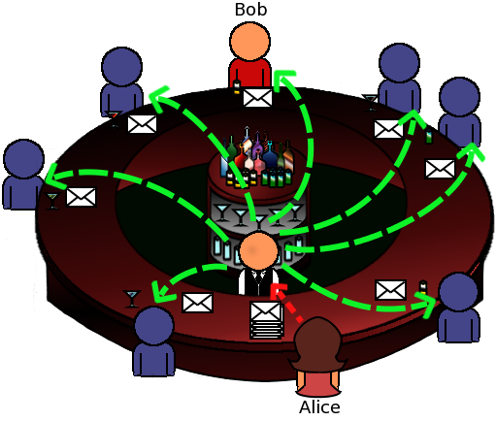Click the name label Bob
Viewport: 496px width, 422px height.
click(x=250, y=10)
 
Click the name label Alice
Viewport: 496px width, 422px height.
click(x=319, y=407)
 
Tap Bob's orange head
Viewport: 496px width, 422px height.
click(x=249, y=41)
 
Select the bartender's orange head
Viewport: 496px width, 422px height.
click(x=258, y=251)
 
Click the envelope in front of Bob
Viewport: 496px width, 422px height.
click(x=257, y=97)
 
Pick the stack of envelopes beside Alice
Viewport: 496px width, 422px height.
click(x=266, y=320)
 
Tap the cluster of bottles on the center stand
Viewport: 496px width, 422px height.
click(x=257, y=158)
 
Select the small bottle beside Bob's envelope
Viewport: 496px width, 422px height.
click(x=237, y=86)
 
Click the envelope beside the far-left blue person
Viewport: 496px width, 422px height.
click(x=81, y=197)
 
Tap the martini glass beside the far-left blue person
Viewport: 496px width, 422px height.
click(x=51, y=201)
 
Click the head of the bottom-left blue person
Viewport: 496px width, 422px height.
click(x=154, y=326)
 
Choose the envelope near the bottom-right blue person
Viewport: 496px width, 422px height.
click(x=390, y=290)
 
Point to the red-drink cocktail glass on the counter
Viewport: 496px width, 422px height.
click(x=114, y=118)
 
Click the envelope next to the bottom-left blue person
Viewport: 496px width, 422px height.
click(x=198, y=303)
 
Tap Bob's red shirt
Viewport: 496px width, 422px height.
click(x=249, y=73)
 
